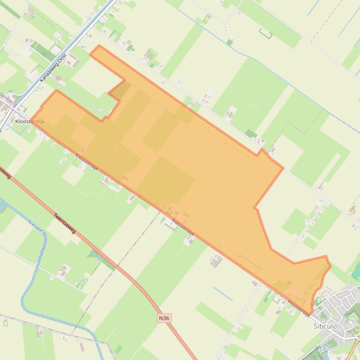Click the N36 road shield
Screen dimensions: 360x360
[x=163, y=318]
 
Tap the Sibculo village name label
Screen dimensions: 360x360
[x=325, y=326]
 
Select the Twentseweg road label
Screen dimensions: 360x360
[x=65, y=223]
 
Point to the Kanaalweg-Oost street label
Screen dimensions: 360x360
[x=53, y=68]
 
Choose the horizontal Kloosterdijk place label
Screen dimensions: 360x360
[x=29, y=122]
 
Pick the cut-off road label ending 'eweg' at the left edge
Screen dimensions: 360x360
[x=5, y=173]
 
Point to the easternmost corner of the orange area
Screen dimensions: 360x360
[x=331, y=266]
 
